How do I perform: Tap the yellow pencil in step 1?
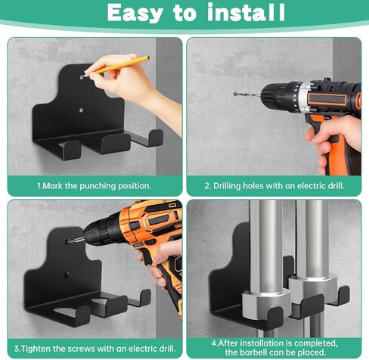point(121,64)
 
